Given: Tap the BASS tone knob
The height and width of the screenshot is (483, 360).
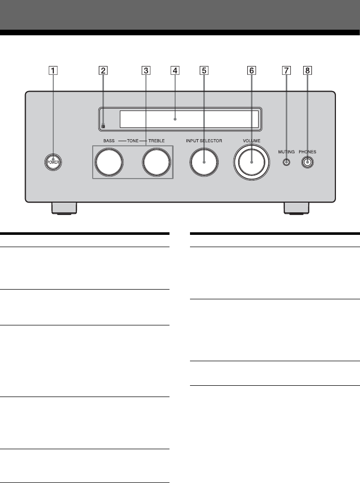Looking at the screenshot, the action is [110, 162].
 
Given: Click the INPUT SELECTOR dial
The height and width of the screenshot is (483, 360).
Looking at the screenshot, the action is [204, 162].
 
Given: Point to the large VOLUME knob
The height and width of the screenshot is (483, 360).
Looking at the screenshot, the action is [251, 162].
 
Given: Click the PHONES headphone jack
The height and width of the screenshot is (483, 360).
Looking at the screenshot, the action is [307, 162].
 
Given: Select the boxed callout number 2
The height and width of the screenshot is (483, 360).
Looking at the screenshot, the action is [103, 71].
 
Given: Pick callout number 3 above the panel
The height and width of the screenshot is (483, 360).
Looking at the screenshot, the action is [146, 71].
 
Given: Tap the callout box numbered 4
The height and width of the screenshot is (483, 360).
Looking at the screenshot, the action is [175, 71].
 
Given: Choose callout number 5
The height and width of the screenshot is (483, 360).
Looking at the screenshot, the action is [204, 71].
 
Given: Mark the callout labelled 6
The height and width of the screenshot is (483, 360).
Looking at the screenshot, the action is [251, 71].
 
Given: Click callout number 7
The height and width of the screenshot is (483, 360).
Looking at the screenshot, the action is [286, 71].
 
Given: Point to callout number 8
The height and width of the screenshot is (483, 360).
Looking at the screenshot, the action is [307, 71].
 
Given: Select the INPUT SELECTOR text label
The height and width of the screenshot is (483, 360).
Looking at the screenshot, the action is [204, 140].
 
